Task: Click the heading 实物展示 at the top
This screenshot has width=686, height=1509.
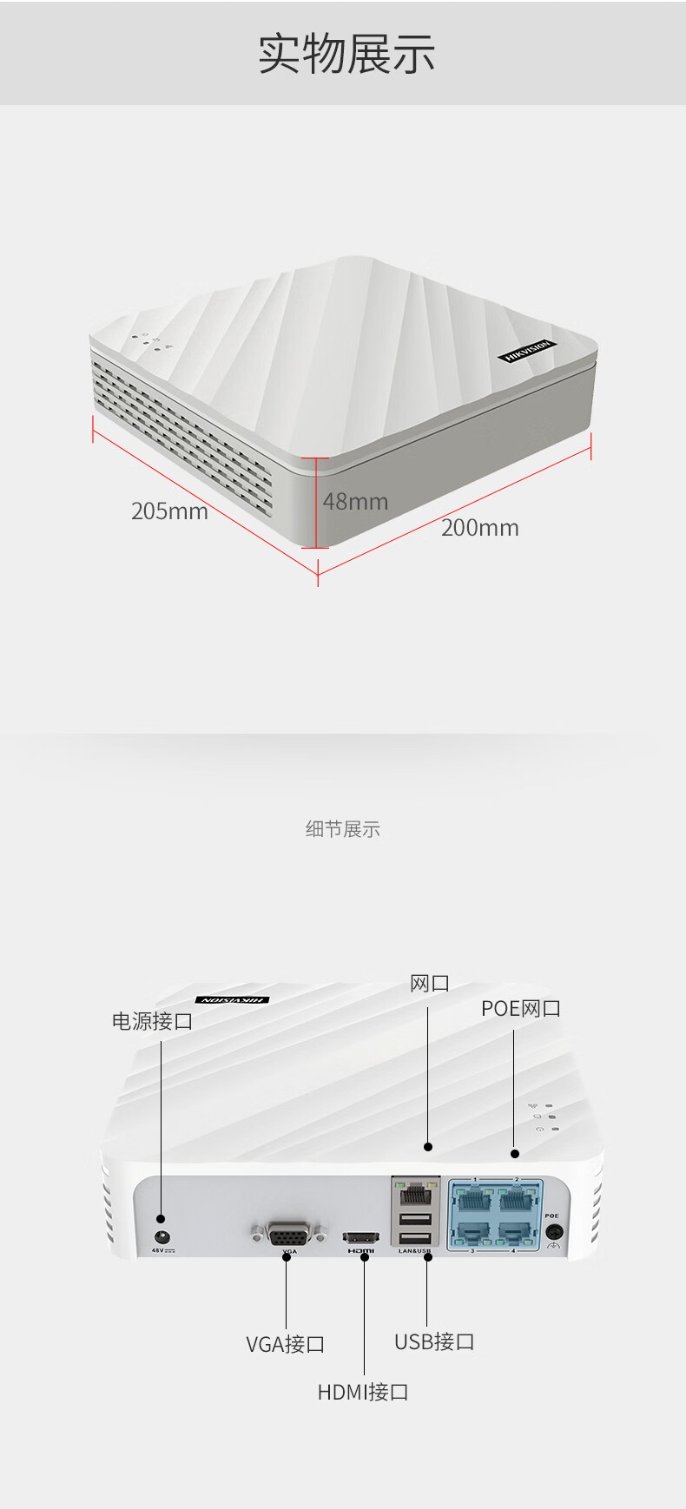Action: (x=346, y=54)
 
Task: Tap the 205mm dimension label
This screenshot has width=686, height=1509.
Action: (x=169, y=511)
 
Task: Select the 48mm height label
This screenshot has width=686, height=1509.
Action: (x=355, y=501)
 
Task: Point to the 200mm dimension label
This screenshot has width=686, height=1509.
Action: (x=479, y=527)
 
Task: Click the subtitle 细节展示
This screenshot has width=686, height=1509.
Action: (x=342, y=829)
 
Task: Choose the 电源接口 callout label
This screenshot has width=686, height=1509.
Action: (x=152, y=1021)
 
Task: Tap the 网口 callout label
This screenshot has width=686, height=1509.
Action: (x=429, y=984)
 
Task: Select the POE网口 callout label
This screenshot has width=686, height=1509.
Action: (x=521, y=1008)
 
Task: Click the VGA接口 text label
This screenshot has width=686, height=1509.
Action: (x=285, y=1344)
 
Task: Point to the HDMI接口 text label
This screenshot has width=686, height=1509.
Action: (x=362, y=1392)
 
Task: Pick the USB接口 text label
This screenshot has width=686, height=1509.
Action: (x=434, y=1341)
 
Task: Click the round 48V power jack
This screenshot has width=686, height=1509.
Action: (x=162, y=1237)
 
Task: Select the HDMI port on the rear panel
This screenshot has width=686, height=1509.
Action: (x=361, y=1236)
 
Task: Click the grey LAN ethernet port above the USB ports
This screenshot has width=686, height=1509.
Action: (x=416, y=1192)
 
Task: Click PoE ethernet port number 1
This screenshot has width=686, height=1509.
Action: (x=474, y=1200)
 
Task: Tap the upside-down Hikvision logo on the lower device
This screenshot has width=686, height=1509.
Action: (x=232, y=1000)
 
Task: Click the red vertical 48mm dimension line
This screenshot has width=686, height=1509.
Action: (x=317, y=504)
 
